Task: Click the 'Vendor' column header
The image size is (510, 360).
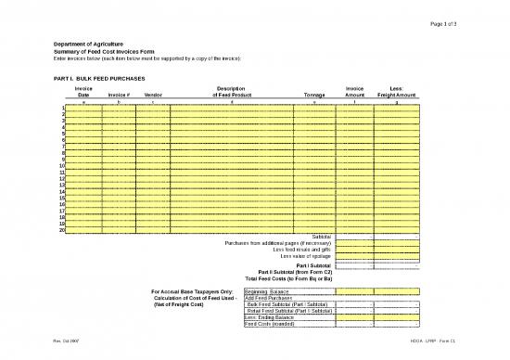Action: point(154,95)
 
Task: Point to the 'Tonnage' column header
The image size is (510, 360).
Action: point(309,95)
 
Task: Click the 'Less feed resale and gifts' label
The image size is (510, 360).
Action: point(301,250)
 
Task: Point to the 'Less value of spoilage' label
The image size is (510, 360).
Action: point(306,256)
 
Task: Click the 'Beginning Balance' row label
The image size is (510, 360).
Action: point(266,291)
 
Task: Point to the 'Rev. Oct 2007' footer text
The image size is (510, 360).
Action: point(66,348)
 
